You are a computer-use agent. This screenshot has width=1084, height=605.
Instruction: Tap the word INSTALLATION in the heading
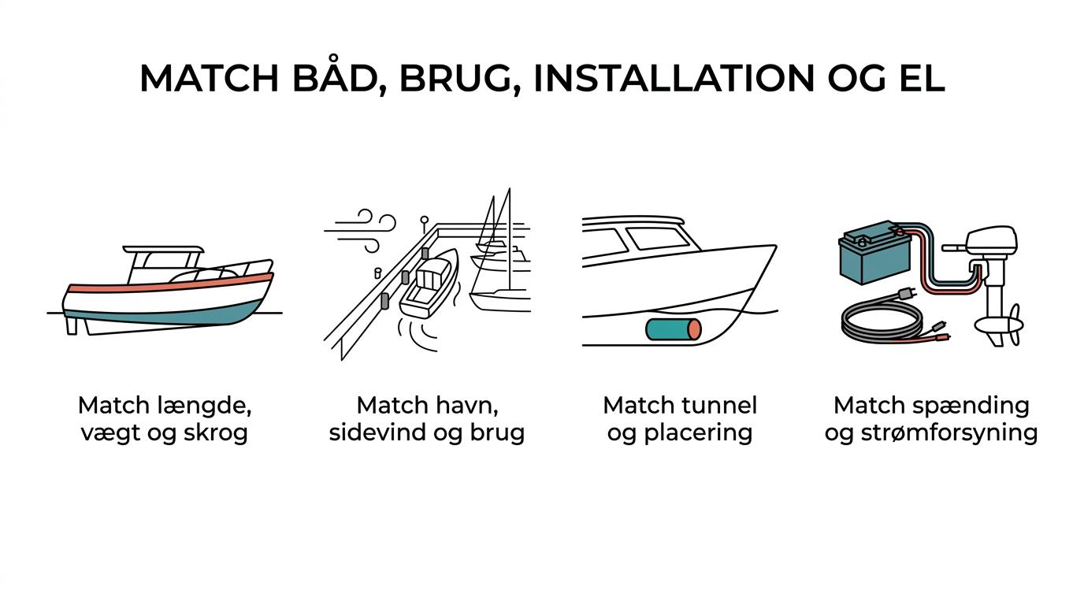click(674, 78)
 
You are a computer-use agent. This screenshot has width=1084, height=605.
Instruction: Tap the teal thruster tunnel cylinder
click(674, 329)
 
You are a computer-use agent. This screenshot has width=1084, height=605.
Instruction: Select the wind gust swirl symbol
click(361, 230)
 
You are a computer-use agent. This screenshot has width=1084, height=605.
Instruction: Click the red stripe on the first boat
click(170, 283)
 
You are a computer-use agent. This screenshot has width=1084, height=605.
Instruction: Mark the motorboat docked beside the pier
click(429, 283)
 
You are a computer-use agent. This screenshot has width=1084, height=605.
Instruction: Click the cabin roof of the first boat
click(163, 249)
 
